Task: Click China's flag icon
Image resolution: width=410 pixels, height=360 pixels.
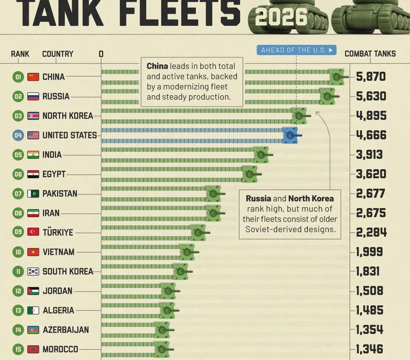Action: [33, 77]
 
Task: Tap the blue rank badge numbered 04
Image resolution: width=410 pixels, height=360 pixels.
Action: [18, 135]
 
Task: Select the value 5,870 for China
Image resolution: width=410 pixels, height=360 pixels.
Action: [371, 76]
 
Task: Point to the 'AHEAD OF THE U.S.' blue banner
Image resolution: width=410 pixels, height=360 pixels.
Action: [297, 50]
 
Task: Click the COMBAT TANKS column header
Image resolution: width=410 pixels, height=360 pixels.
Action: [370, 54]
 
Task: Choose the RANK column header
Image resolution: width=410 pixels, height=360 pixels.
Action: [20, 54]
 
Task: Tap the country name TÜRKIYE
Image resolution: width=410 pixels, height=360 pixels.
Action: [58, 232]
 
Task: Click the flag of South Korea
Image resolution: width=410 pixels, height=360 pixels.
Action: [33, 272]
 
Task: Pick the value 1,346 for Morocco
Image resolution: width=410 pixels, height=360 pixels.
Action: [370, 349]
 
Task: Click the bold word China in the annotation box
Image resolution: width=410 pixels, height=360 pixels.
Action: [157, 66]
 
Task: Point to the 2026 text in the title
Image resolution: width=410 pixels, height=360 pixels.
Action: [281, 17]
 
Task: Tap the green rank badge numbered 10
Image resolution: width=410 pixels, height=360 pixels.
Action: [18, 252]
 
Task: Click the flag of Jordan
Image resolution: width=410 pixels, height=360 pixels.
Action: [33, 291]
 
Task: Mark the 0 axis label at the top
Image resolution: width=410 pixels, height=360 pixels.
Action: [101, 54]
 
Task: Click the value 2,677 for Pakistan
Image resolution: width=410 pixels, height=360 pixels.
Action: [370, 194]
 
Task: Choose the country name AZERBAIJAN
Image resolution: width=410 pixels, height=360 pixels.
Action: [66, 330]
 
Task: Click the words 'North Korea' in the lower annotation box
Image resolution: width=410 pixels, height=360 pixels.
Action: [311, 198]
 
